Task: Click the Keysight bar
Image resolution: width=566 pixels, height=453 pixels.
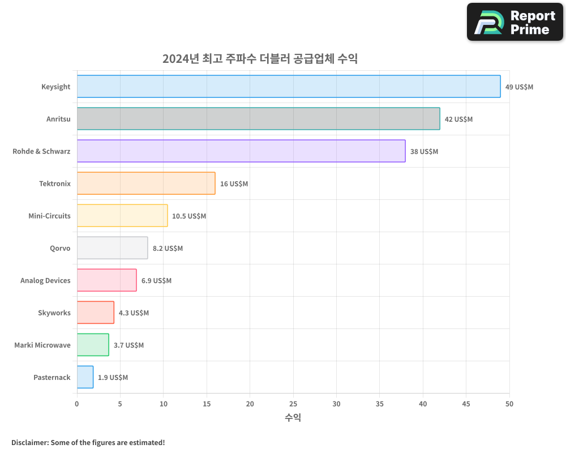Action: click(289, 87)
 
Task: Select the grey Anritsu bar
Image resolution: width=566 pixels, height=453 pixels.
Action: click(258, 119)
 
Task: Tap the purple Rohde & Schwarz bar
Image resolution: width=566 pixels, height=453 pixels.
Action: click(241, 151)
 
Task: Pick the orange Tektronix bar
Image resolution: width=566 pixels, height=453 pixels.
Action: click(146, 183)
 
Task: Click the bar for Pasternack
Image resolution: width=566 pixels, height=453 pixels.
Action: click(85, 377)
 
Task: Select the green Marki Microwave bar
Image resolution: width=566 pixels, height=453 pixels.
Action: click(93, 345)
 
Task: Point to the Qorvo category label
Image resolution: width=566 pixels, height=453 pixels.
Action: click(60, 248)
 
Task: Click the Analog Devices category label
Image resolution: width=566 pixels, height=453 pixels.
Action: click(45, 280)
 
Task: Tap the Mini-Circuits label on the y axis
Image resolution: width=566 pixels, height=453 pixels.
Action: click(49, 216)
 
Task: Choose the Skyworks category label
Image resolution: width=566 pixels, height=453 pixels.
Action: click(54, 313)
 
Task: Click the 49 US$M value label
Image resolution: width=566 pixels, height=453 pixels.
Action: click(519, 87)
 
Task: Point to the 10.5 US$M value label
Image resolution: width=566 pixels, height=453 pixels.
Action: click(189, 216)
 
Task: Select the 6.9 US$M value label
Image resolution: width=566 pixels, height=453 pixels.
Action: click(156, 281)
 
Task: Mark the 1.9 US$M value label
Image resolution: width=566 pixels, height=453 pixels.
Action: click(113, 378)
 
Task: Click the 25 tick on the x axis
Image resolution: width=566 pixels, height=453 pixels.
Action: click(293, 404)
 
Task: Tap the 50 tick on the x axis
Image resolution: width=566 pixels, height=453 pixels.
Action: click(509, 404)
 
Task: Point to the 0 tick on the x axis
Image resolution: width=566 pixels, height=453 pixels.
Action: click(77, 404)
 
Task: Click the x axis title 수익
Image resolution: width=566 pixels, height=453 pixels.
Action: click(293, 418)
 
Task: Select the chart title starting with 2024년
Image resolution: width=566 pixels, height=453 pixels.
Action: click(260, 58)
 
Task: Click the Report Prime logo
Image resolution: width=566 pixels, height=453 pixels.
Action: click(515, 22)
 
